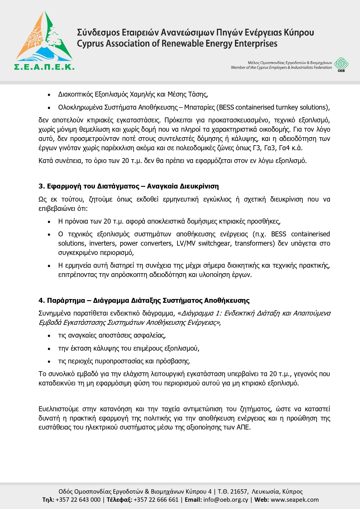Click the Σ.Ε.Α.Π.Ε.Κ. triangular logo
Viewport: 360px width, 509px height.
point(44,41)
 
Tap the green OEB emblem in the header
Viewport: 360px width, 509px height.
point(341,64)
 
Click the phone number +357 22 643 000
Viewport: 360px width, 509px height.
point(78,500)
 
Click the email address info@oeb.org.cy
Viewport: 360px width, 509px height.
point(226,500)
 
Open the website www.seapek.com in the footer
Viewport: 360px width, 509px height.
point(294,500)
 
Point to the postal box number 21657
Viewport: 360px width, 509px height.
point(239,492)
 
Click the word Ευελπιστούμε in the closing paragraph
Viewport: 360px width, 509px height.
point(59,409)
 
